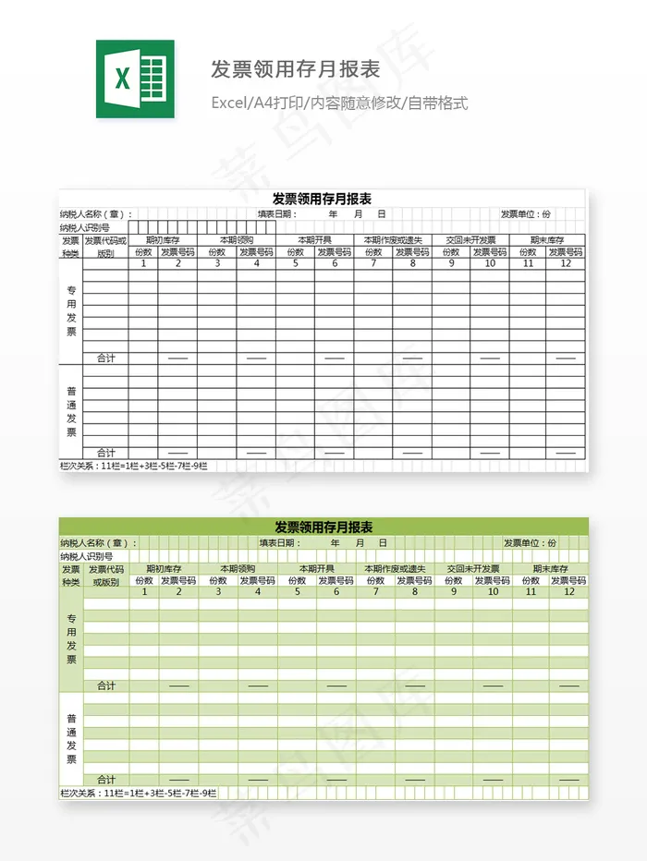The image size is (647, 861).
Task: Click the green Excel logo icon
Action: [x=135, y=79]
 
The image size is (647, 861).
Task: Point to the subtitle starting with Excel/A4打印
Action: [x=339, y=103]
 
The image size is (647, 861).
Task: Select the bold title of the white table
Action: [x=322, y=199]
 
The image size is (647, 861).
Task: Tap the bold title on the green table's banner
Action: [x=323, y=528]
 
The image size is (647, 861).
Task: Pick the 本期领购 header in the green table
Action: [x=238, y=569]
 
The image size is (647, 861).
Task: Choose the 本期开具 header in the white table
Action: [x=314, y=240]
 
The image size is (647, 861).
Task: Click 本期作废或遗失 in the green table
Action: [x=395, y=569]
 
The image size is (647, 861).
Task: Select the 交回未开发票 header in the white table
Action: [x=470, y=240]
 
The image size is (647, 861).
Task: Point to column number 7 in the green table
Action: [x=375, y=592]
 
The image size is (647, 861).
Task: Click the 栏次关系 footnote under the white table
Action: [x=133, y=466]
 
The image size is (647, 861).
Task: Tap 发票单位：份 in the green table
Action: [x=530, y=543]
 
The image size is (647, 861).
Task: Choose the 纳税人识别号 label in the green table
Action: [x=86, y=557]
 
